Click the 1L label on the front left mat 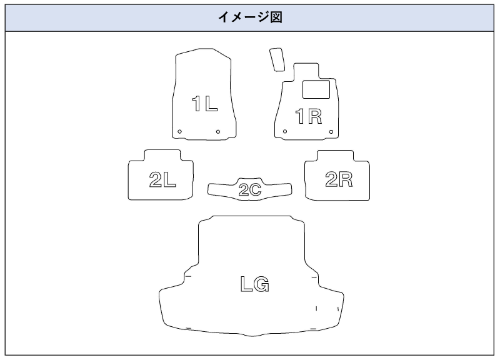[x=204, y=103]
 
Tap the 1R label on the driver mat [x=308, y=116]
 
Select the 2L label [x=162, y=180]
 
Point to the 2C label [x=249, y=190]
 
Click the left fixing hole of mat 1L [x=179, y=131]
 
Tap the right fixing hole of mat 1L [x=217, y=131]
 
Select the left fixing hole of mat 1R [x=285, y=132]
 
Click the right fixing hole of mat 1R [x=330, y=131]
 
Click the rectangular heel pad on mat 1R [x=316, y=89]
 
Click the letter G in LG [x=262, y=284]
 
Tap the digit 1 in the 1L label [x=196, y=103]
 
